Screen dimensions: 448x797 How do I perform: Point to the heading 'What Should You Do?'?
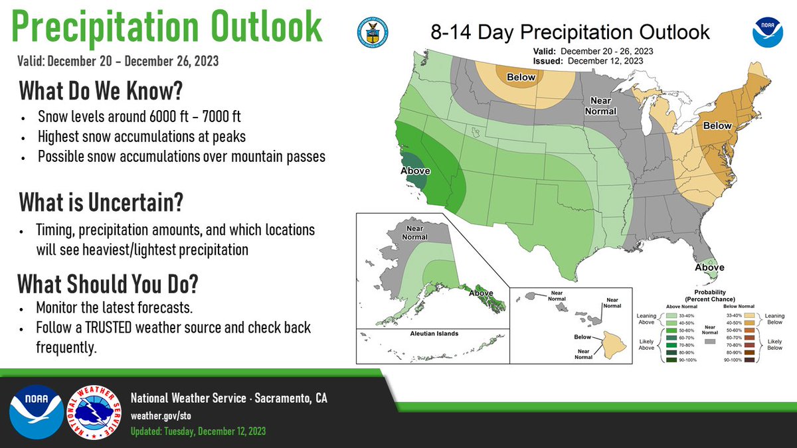(107, 284)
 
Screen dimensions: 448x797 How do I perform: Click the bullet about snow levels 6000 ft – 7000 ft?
(139, 117)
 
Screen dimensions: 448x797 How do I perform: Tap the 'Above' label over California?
(415, 171)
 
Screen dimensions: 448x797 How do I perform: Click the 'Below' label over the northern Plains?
(521, 78)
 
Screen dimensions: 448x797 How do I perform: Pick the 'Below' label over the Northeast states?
(717, 125)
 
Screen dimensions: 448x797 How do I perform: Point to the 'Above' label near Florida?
(709, 267)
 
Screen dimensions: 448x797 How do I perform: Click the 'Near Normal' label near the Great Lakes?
(600, 106)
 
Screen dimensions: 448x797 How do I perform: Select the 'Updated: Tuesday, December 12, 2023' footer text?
(198, 431)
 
